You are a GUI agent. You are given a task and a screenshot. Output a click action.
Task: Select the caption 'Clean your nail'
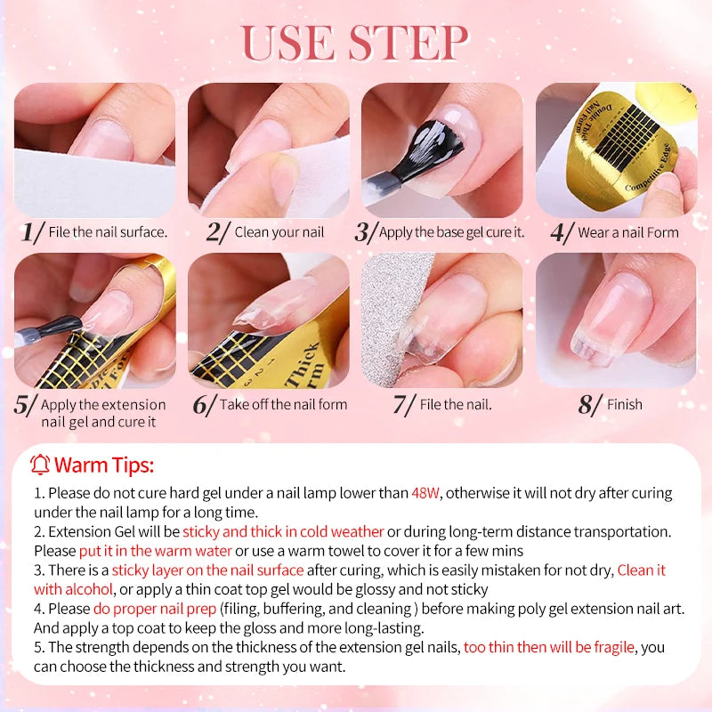pyautogui.click(x=279, y=232)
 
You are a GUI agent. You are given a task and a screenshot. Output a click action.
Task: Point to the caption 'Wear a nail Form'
pyautogui.click(x=628, y=233)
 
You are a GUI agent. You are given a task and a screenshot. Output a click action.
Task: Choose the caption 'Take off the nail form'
pyautogui.click(x=283, y=404)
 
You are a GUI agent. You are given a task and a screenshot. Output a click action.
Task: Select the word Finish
pyautogui.click(x=625, y=404)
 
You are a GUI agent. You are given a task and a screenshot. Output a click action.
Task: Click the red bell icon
pyautogui.click(x=40, y=465)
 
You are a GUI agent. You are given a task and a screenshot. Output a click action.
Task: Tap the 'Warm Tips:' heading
pyautogui.click(x=104, y=465)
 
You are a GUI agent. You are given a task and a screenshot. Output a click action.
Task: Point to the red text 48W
pyautogui.click(x=425, y=493)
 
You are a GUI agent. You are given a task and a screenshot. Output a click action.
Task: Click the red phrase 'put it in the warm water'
pyautogui.click(x=156, y=551)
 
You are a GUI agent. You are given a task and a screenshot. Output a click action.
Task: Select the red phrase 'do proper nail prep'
pyautogui.click(x=154, y=609)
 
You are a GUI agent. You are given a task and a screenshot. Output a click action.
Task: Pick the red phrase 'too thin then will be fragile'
pyautogui.click(x=548, y=648)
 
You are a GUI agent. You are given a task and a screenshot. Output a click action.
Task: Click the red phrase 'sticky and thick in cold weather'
pyautogui.click(x=283, y=531)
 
